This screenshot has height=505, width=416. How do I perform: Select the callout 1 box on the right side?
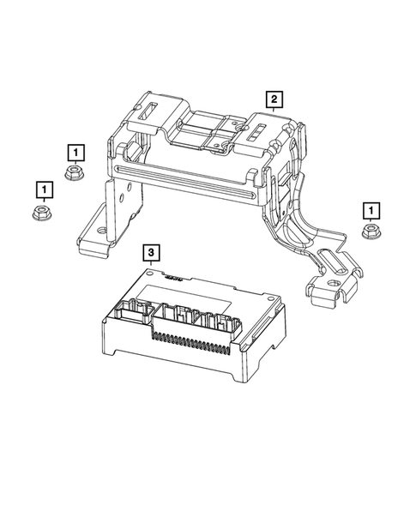tap(371, 208)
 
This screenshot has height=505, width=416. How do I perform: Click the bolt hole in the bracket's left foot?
tap(102, 231)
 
